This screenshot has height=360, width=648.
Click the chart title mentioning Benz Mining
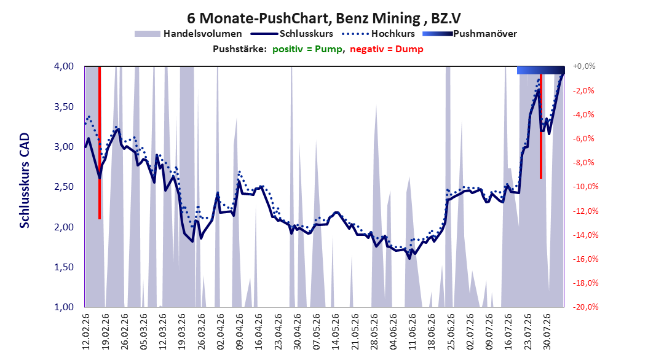coord(323,18)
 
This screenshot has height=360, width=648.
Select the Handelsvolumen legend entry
coord(189,34)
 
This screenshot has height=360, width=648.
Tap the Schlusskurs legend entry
coord(292,34)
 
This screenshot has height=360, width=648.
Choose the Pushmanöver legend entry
coord(470,34)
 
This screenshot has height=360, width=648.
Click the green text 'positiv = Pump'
coord(307,49)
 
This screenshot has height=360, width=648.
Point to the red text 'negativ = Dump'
coord(387,49)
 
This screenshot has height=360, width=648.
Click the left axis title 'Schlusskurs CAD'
coord(25,181)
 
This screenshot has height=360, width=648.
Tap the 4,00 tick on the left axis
coord(64,66)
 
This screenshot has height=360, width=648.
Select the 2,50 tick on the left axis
coord(64,187)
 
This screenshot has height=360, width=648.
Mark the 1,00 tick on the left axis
coord(64,307)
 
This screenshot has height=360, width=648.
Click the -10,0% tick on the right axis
coord(585,187)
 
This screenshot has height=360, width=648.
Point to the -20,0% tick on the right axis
coord(585,307)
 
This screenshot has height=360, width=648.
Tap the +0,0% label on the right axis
coord(584,66)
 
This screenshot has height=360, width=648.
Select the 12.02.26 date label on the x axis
coord(86,332)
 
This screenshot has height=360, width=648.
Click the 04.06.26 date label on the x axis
coord(393,332)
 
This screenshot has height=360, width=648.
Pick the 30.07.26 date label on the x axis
coord(547,332)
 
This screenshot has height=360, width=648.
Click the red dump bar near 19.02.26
coord(100,143)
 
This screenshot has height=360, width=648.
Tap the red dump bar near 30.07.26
coord(541,126)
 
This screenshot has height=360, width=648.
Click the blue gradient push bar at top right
coord(541,70)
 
